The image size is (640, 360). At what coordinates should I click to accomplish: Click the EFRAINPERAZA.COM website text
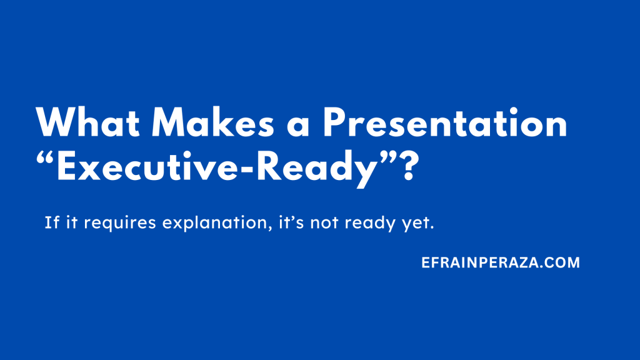(501, 263)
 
